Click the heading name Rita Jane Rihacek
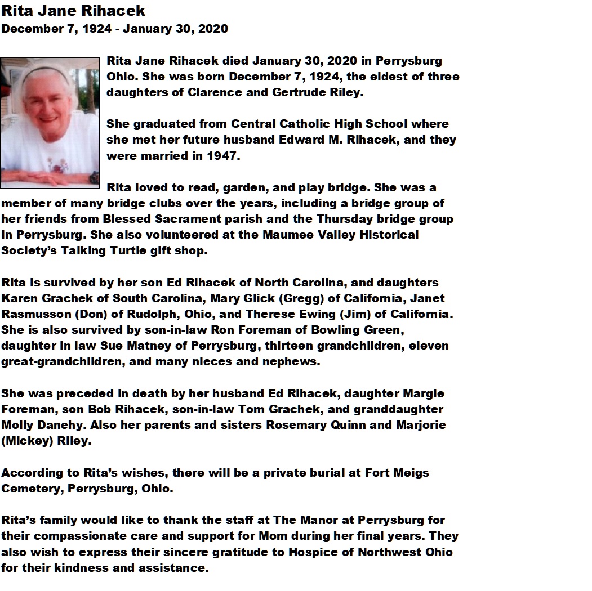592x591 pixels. coord(73,11)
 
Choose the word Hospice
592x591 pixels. coord(315,552)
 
